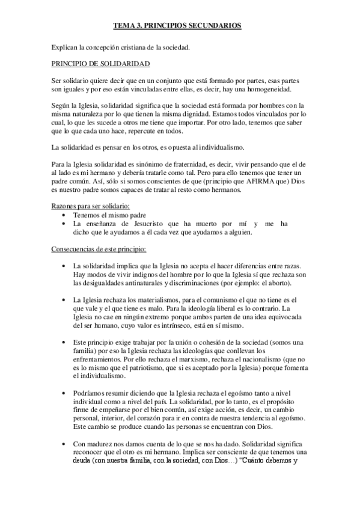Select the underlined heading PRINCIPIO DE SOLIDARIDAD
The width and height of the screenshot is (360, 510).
(100, 63)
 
